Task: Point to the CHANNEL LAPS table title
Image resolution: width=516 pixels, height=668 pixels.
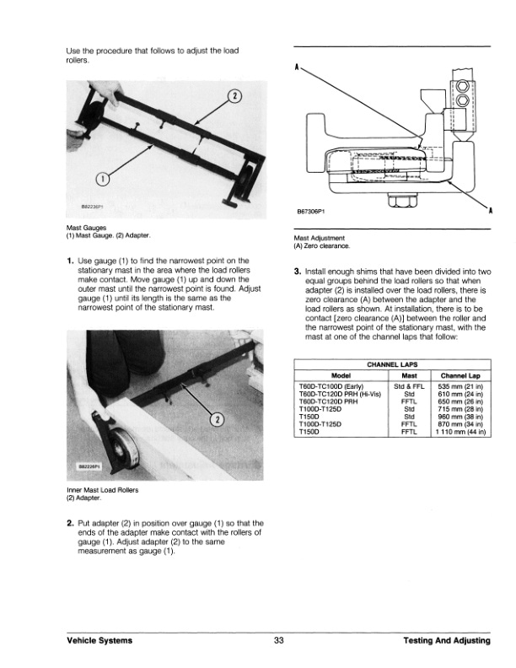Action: point(392,364)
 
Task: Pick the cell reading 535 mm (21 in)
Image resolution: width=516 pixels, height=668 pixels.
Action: point(460,385)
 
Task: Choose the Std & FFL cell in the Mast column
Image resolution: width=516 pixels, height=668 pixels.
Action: point(409,385)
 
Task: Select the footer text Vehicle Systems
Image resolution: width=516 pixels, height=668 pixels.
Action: point(99,641)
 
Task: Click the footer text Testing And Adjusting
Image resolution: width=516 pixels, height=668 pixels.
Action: point(447,641)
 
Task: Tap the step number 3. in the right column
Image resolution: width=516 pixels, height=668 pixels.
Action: point(298,272)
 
